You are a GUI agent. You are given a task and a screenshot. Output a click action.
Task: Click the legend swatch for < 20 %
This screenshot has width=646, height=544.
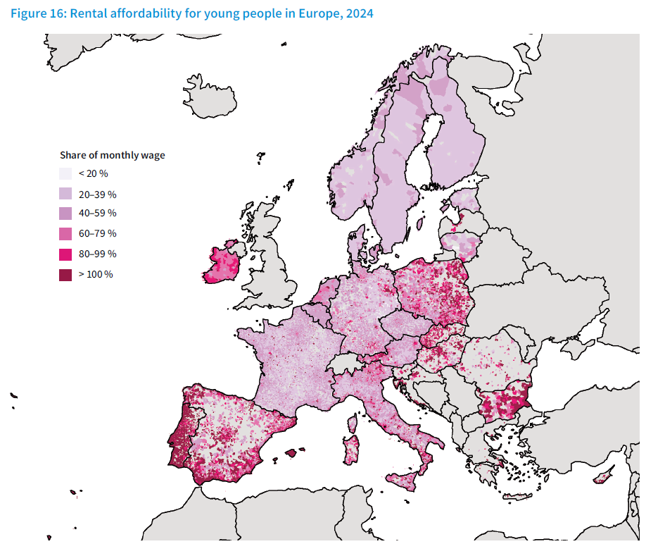(x=65, y=173)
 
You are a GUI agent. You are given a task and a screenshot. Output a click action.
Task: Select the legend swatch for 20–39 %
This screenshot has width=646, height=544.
(x=65, y=194)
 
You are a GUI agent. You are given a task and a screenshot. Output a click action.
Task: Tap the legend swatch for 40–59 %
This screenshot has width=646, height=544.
(x=65, y=214)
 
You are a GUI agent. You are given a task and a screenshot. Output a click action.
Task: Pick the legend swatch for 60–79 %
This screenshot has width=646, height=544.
(x=65, y=234)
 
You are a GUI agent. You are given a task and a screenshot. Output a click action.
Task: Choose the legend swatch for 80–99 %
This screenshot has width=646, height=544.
(x=65, y=254)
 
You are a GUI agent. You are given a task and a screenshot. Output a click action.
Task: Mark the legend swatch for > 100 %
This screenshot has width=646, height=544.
(x=65, y=275)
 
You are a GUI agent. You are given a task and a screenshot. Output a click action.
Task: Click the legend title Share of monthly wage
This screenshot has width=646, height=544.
(x=112, y=155)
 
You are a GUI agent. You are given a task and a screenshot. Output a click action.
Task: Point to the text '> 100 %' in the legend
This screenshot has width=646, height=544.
(x=96, y=275)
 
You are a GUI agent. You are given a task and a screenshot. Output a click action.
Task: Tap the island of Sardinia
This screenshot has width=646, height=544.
(x=351, y=452)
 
